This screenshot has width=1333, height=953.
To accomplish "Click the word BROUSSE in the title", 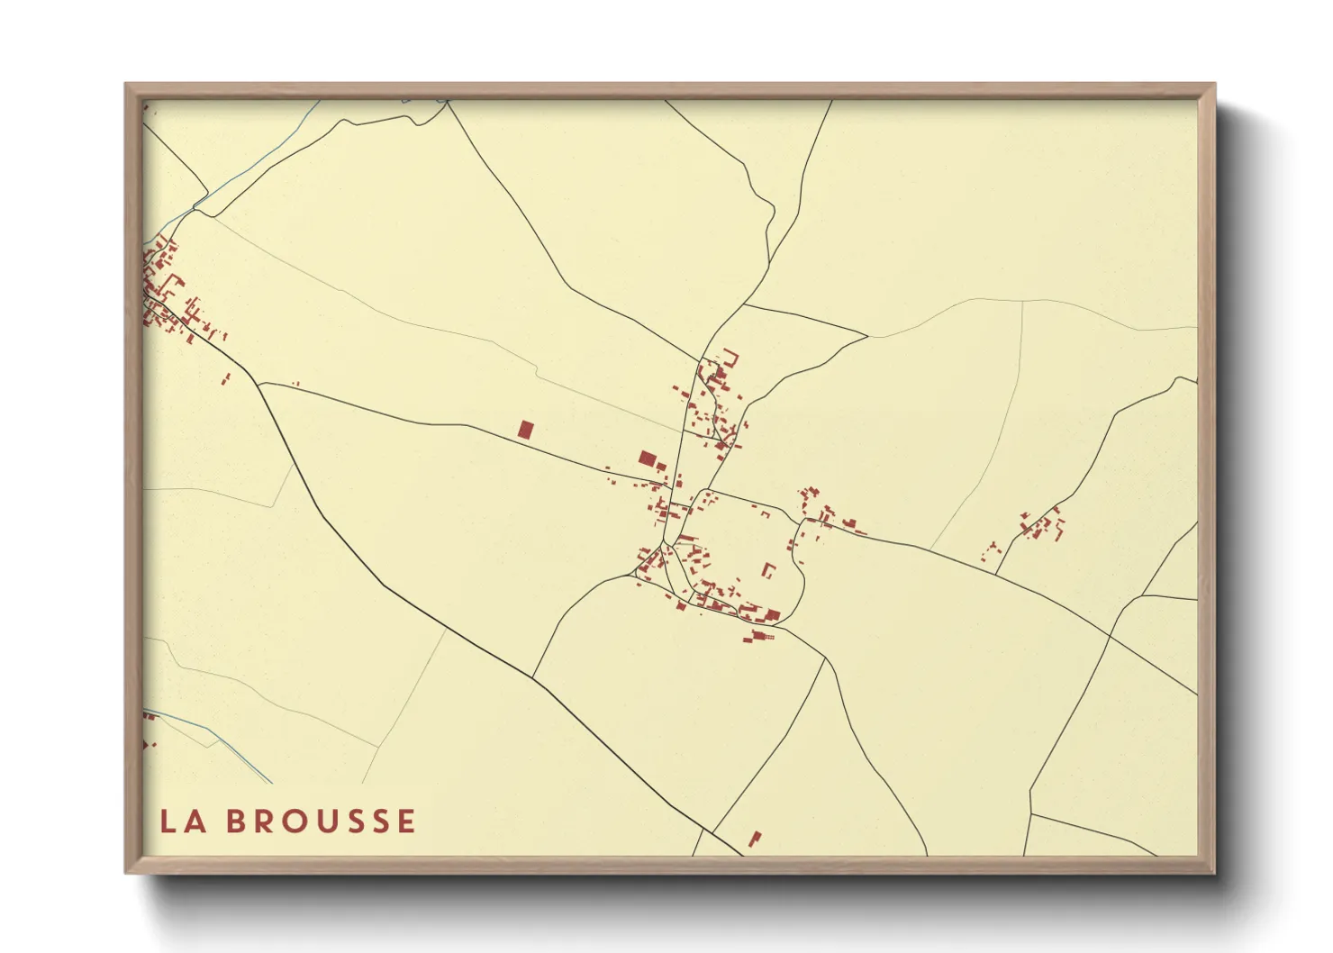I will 321,821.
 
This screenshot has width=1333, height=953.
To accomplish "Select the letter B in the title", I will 235,821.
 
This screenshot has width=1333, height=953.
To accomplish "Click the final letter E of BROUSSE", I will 406,821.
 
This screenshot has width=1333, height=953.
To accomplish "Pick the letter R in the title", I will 265,821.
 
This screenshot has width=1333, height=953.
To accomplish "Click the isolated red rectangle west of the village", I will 525,430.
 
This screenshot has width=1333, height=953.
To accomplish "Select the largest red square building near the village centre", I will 646,458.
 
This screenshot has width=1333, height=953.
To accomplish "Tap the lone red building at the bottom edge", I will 755,839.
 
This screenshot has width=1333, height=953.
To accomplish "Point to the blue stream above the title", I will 225,744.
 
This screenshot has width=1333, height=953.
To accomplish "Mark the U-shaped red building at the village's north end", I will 730,358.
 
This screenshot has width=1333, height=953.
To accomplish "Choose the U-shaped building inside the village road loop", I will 769,570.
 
